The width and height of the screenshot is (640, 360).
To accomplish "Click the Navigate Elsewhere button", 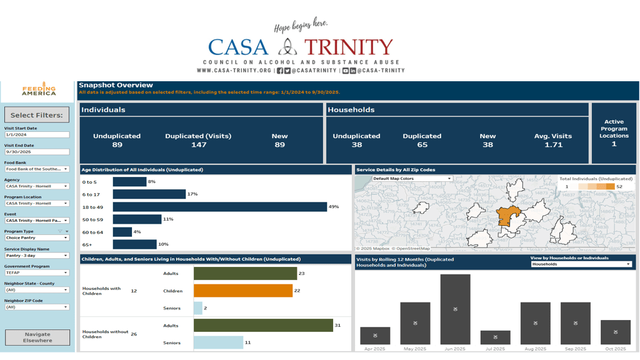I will coord(37,337).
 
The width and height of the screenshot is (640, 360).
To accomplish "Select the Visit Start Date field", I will coord(37,134).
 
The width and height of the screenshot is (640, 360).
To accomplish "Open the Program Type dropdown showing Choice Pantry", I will coord(37,237).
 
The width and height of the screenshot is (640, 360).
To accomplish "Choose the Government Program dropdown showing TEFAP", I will coord(37,272).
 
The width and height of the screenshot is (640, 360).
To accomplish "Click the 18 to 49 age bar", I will coord(219,207).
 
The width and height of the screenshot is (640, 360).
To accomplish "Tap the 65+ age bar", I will coord(134,244).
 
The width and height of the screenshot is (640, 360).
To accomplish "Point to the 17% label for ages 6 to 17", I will coord(192,194).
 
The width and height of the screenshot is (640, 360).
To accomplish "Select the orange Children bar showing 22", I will coord(243,291).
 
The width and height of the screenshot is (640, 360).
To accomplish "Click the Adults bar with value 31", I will coord(263,325).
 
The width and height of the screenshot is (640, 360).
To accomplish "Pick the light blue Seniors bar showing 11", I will coord(218,342).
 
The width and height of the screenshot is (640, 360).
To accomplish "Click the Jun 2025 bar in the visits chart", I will coord(455,309).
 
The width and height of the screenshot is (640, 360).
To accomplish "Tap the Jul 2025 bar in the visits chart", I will coord(495,337).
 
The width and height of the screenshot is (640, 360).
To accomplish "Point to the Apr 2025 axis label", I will coord(375,349).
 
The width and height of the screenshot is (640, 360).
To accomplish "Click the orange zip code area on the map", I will coord(509,216).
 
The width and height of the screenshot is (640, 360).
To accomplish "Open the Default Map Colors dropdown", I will coord(412,179).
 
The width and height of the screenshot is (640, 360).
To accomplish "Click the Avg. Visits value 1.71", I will coord(553,145).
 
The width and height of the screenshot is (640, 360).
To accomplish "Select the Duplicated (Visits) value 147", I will coord(198,145).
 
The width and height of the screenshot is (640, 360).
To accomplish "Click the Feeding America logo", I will coord(39,91).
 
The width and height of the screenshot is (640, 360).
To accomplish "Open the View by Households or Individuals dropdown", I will coord(581,264).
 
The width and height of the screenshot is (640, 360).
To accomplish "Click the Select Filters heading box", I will coord(37,115).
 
